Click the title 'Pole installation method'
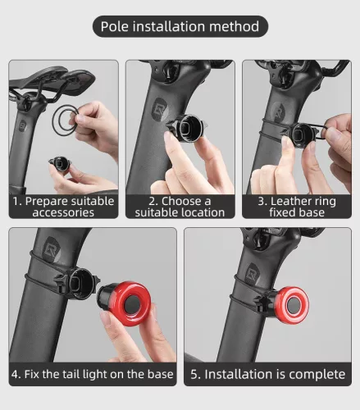pos(180,26)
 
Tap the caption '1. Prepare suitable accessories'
pos(64,206)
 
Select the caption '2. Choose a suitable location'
pos(180,206)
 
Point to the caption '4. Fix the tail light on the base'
pos(93,374)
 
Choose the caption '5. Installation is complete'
pos(268,374)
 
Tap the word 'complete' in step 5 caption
pos(315,374)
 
